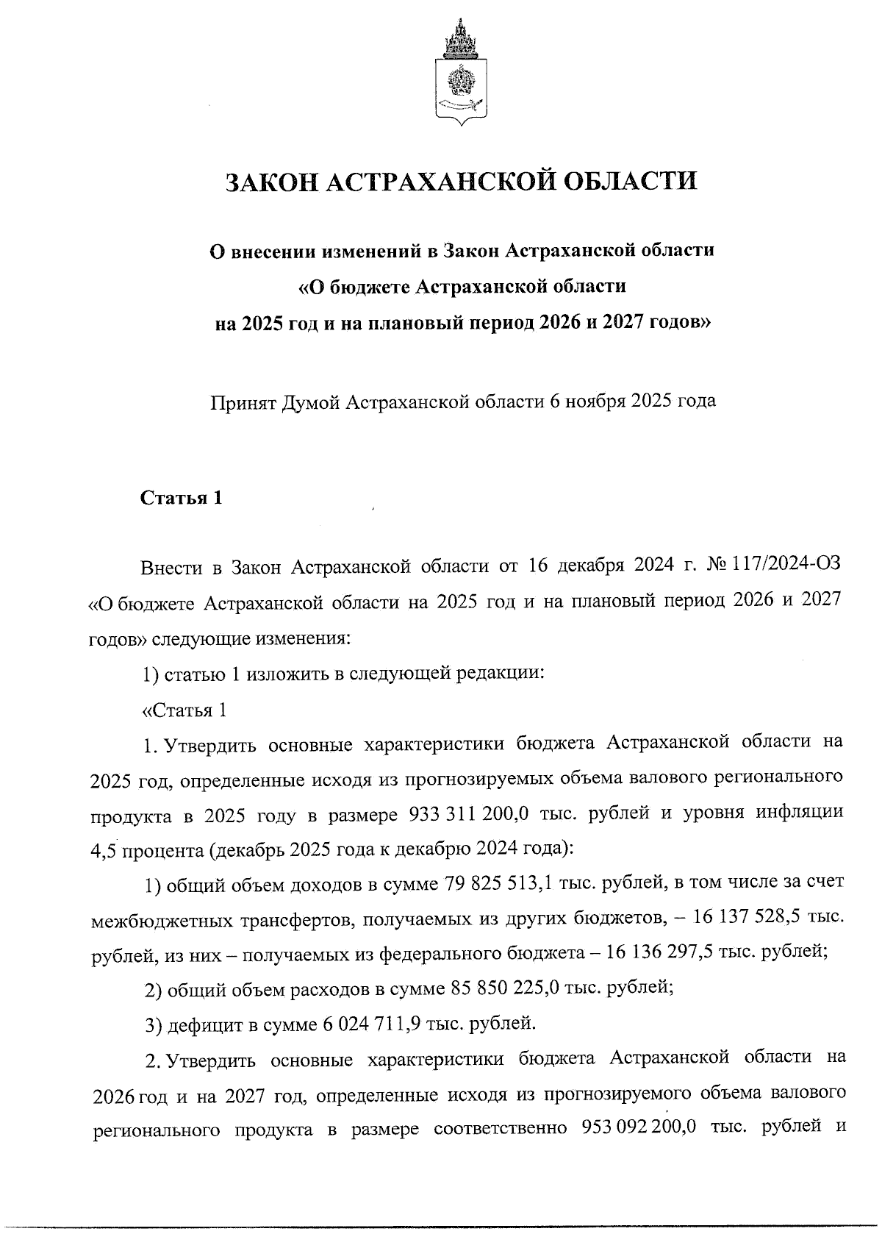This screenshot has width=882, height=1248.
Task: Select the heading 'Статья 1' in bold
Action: [x=181, y=498]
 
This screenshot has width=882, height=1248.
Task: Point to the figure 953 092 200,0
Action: [x=638, y=1128]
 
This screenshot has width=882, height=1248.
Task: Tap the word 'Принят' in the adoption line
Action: [x=242, y=402]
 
